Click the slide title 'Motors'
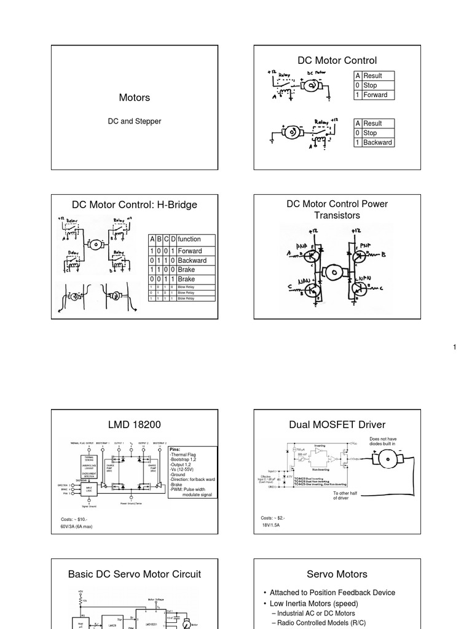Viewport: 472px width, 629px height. coord(134,98)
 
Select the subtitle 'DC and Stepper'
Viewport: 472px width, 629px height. coord(134,121)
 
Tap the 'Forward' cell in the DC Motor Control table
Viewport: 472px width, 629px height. coord(375,95)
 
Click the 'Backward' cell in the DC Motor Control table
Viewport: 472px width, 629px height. coord(377,143)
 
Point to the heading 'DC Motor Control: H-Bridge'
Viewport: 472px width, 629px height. coord(135,205)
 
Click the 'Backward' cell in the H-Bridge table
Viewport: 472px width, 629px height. coord(192,260)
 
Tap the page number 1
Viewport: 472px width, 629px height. coord(455,348)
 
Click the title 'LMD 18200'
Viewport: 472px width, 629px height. coord(134,425)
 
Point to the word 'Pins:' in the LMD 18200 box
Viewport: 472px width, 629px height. coord(175,449)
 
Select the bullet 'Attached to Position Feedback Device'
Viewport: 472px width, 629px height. coord(332,593)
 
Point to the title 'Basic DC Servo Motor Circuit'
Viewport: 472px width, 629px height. coord(135,574)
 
